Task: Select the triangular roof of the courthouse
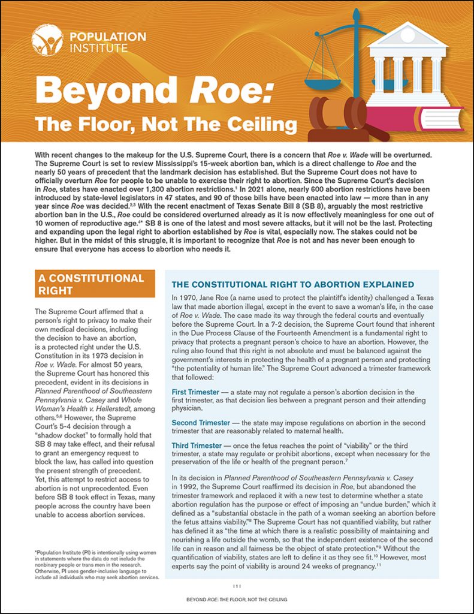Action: [x=407, y=37]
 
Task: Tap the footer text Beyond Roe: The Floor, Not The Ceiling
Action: [x=237, y=600]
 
